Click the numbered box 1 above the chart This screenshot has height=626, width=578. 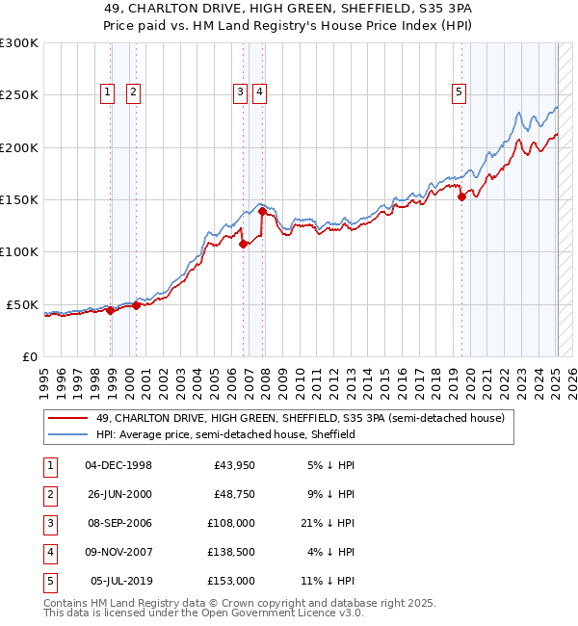[106, 92]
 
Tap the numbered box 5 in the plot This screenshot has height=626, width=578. [458, 92]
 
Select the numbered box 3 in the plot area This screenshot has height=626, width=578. [239, 92]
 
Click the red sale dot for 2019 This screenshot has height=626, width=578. [461, 197]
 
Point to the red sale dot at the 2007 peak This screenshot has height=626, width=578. [263, 212]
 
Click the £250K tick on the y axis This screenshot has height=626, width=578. [19, 95]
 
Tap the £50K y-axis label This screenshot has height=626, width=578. [23, 304]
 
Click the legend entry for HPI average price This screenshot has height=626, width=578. [225, 434]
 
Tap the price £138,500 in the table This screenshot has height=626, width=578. [231, 553]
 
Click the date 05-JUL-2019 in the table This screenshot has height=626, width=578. [119, 582]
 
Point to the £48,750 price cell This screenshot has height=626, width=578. [234, 495]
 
